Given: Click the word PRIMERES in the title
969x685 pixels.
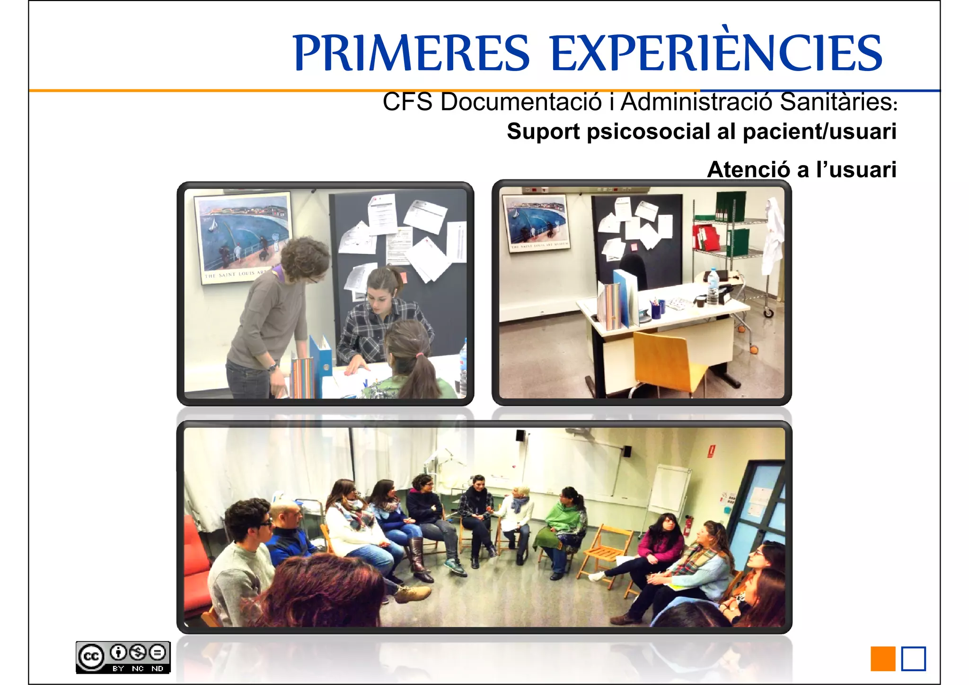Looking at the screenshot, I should pos(411,53).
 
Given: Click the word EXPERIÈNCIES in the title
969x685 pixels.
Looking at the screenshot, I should pos(716,53).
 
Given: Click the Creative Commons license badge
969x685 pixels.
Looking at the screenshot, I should pos(123,657).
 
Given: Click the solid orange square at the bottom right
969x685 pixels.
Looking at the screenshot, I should pos(882,658).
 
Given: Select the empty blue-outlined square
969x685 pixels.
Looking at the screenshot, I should pos(913,658).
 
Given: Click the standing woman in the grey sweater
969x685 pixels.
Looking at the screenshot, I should pos(274,312).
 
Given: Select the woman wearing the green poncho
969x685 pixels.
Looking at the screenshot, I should pos(563,525).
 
